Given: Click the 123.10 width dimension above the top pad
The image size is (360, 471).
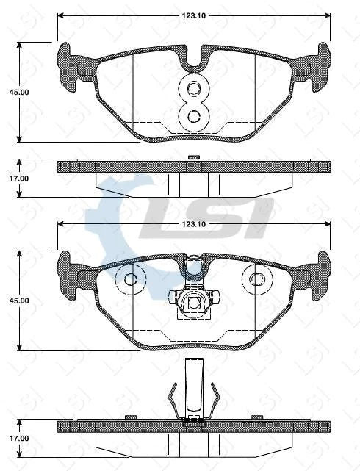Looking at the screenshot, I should (192, 14).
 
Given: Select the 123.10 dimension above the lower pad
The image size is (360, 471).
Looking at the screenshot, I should (192, 223).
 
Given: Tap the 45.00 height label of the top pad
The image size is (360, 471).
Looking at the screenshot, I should (18, 93).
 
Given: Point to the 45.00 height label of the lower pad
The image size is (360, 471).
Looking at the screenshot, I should (18, 301).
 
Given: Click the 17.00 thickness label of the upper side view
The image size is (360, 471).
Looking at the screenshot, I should (18, 179).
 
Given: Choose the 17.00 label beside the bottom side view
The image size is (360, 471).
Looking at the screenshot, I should (18, 439).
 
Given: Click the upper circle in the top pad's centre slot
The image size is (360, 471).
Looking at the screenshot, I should (194, 90).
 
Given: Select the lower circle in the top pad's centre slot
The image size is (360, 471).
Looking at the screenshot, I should (194, 116).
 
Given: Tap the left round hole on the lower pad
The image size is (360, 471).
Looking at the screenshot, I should (131, 279).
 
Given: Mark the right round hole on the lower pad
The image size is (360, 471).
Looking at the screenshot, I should (256, 279).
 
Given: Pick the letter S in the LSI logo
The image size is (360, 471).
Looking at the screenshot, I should (213, 217).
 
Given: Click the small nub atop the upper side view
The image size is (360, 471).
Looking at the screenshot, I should (194, 157).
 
